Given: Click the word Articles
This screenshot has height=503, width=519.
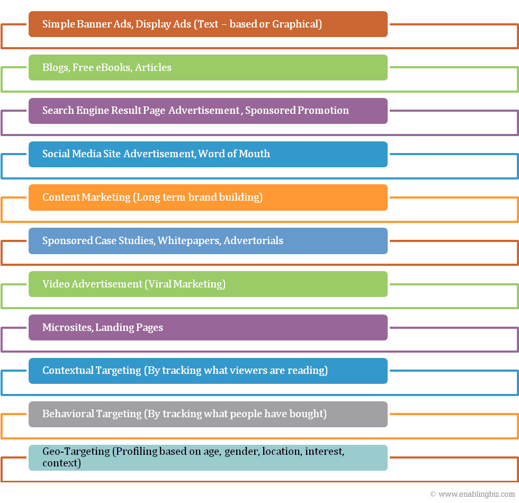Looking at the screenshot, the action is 153,68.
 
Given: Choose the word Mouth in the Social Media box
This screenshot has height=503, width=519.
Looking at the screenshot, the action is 254,154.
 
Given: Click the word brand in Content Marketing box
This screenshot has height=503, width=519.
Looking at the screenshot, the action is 202,197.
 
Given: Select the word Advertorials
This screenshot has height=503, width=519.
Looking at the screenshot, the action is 254,240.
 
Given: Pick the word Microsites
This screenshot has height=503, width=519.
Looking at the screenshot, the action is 68,327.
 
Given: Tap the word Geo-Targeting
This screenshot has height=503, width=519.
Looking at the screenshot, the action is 76,452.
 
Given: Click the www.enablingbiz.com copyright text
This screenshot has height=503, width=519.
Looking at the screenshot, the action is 472,494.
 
